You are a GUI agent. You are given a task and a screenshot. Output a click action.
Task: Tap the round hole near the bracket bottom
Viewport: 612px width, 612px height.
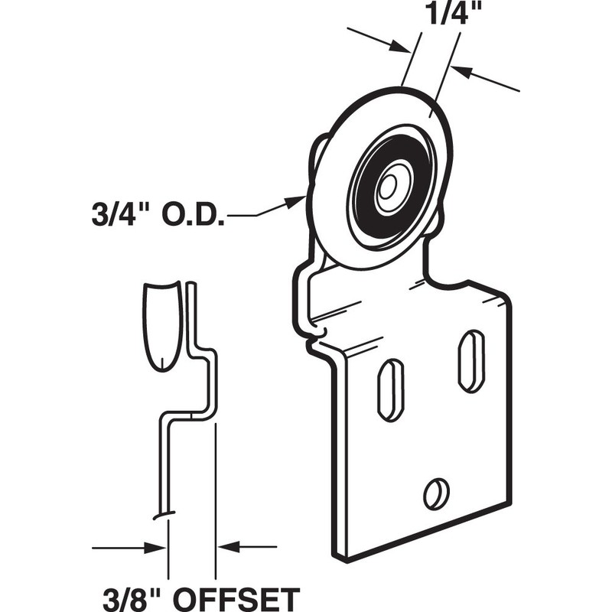pos(435,493)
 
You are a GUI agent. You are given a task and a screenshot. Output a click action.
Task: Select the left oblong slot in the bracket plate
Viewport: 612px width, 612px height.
pos(391,389)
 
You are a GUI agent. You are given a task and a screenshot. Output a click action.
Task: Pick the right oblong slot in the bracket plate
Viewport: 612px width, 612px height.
pos(470,361)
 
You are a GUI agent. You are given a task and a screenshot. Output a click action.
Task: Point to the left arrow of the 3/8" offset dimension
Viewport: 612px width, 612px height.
pos(153,547)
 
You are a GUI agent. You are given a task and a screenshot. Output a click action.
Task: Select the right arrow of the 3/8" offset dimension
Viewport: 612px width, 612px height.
pos(229,547)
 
